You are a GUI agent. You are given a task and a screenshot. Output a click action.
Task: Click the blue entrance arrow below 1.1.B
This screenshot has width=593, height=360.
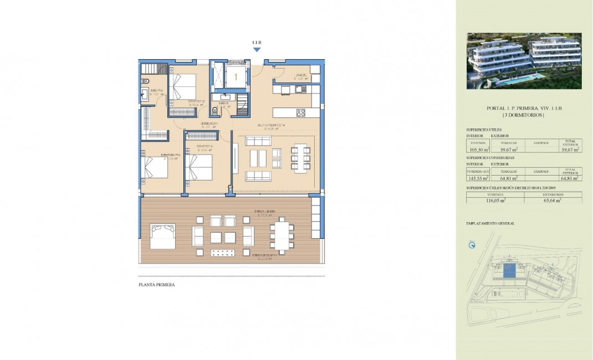point(257,50)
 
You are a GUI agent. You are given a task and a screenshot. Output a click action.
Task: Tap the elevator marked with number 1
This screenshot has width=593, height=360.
point(236,76)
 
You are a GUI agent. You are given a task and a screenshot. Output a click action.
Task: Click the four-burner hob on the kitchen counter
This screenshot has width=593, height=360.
point(300,112)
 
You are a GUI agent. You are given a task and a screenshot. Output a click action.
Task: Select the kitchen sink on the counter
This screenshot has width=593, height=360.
point(300,89)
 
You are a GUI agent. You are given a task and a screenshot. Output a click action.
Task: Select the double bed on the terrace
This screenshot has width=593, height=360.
point(162,235)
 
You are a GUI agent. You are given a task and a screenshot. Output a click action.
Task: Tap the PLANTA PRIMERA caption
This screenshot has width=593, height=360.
point(157,285)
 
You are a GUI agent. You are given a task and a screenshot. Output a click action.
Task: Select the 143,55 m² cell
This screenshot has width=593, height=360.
point(477,178)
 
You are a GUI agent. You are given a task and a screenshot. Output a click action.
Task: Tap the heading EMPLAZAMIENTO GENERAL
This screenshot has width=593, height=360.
point(490,223)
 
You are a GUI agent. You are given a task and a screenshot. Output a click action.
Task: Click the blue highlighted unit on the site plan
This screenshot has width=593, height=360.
point(509,271)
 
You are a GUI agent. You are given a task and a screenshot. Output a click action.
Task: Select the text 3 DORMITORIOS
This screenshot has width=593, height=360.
point(524,115)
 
